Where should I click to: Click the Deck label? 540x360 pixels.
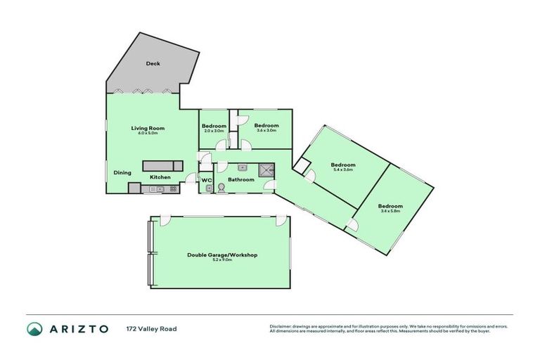pos(153,64)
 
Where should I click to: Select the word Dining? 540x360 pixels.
pos(122,172)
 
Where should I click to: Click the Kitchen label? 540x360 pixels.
pos(159,177)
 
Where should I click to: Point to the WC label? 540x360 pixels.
pos(206,180)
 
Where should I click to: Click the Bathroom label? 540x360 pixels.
pos(240,180)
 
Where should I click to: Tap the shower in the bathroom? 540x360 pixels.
pos(266,169)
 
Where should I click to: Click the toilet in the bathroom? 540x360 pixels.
pos(221,188)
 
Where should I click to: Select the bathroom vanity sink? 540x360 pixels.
pos(242,168)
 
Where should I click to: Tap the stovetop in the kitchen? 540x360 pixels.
pos(134,188)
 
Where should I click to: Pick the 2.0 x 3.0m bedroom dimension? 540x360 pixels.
pos(214,131)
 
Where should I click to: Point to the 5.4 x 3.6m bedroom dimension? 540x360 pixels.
pos(342,170)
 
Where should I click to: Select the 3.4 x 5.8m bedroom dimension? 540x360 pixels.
pos(390,211)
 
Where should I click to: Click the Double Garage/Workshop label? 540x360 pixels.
pos(221,255)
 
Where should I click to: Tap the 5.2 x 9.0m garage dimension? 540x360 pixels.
pos(221,260)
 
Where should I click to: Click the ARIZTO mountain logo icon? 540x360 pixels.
pos(34,328)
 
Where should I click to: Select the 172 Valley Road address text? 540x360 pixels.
pos(151,328)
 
